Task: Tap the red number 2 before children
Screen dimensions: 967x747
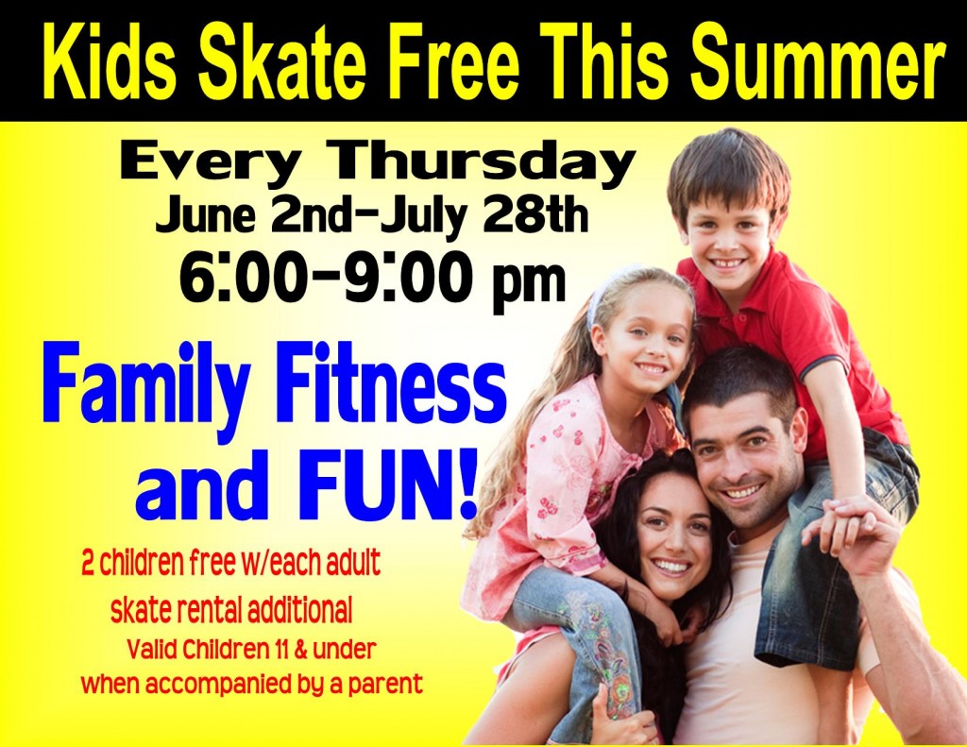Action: point(88,564)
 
